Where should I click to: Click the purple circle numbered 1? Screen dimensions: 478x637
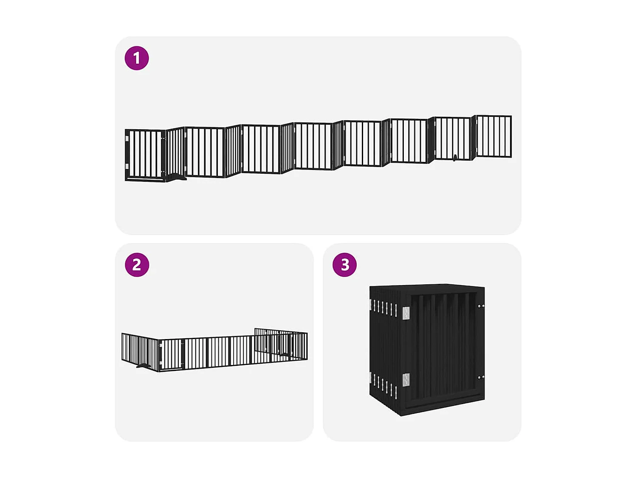point(136,58)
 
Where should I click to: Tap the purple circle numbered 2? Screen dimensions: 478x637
point(136,265)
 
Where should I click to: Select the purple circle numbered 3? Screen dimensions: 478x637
point(344,265)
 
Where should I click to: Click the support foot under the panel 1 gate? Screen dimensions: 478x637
point(176,178)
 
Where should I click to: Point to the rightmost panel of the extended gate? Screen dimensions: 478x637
point(494,136)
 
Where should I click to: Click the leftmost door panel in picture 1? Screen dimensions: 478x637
point(145,154)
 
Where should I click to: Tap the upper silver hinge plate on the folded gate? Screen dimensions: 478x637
point(406,313)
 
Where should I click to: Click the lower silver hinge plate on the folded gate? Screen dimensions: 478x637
point(406,379)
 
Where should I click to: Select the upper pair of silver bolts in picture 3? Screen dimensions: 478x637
point(480,305)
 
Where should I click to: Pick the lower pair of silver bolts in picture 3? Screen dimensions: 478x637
point(480,377)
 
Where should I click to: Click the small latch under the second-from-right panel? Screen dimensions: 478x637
point(455,158)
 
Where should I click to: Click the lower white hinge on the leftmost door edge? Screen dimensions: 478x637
point(127,166)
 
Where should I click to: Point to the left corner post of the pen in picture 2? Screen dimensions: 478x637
point(159,355)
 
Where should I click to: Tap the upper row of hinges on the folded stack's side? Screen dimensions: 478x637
point(383,307)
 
